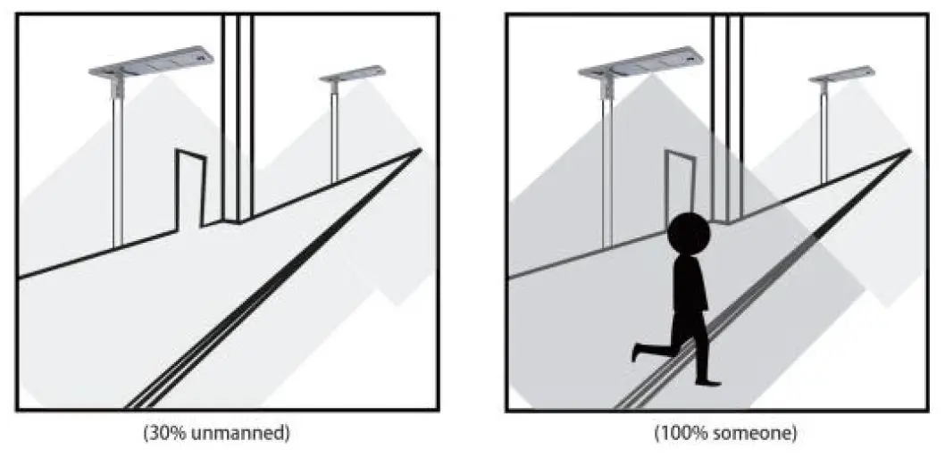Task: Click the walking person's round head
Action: coord(689,234)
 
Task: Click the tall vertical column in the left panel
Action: coord(238,116)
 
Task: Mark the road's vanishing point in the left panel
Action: coord(420,150)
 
